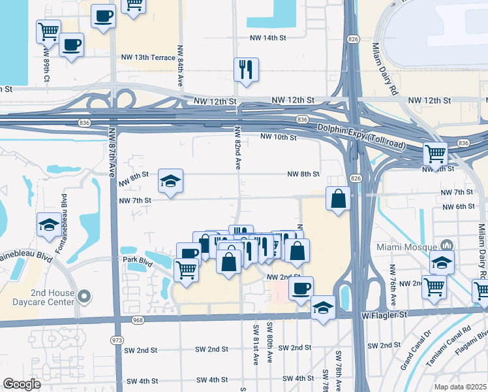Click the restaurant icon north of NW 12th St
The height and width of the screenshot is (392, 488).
[x=246, y=69]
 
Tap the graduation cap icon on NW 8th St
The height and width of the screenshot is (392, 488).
[x=170, y=181]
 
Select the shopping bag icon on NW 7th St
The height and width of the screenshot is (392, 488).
[x=339, y=199]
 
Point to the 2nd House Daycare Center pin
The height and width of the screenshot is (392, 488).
[x=84, y=297]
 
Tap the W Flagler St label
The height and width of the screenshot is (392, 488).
[x=384, y=315]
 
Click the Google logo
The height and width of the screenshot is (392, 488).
[x=22, y=384]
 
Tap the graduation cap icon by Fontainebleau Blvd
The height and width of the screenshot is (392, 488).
[x=48, y=225]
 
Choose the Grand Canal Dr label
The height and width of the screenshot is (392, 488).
[x=415, y=351]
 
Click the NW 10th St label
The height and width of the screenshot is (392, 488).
[x=279, y=137]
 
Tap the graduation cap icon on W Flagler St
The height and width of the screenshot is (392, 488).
[x=323, y=307]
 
